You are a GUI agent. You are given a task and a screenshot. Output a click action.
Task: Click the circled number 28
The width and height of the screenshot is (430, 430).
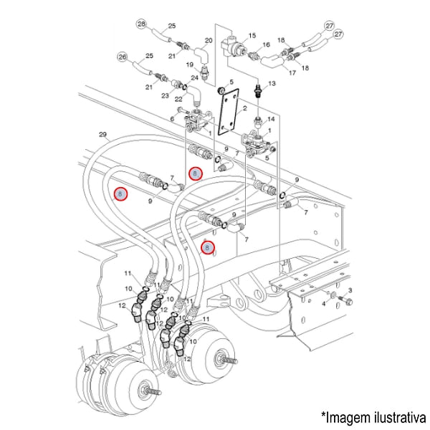(x=141, y=24)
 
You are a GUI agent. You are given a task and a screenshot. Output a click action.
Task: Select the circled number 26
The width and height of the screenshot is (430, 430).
(x=122, y=57)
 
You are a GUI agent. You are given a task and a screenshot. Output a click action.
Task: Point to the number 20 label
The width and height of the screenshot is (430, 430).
(x=209, y=40)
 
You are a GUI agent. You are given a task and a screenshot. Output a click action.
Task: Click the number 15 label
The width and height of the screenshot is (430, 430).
(x=252, y=34)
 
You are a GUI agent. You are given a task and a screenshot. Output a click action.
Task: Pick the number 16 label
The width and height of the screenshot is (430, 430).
(x=265, y=44)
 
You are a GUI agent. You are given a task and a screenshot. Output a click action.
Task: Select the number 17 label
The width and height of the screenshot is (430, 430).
(x=291, y=72)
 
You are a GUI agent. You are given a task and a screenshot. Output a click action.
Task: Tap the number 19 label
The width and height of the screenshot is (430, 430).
(x=191, y=64)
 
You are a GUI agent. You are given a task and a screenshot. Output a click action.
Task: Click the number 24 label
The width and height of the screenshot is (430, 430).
(x=194, y=77)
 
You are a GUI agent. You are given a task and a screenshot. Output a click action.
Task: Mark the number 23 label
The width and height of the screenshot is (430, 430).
(x=166, y=95)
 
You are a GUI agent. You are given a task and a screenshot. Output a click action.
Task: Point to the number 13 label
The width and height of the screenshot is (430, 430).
(x=271, y=84)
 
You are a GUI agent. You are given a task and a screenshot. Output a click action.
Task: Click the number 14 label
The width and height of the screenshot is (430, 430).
(x=270, y=119)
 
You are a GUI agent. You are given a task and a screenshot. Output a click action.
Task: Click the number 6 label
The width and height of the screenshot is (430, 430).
(x=173, y=118)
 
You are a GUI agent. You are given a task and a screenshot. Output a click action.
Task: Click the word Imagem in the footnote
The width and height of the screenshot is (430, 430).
(x=350, y=415)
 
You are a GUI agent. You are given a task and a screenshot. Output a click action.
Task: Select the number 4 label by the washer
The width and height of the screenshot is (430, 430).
(x=323, y=303)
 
